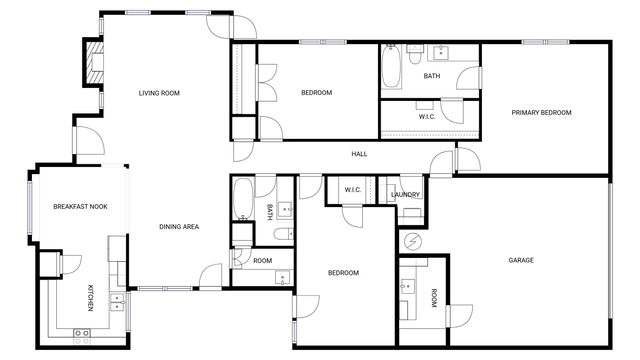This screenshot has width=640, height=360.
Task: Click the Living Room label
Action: click(x=158, y=93)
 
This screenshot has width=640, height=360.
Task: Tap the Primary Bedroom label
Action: click(x=541, y=113)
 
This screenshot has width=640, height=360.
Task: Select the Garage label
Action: click(x=520, y=260)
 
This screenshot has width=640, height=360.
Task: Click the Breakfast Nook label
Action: click(x=80, y=207)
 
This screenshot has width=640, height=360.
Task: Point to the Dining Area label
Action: click(x=179, y=227)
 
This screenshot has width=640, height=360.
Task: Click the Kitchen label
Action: click(x=91, y=298)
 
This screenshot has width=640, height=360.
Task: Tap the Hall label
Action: click(x=359, y=154)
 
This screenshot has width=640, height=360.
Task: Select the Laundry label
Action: click(x=405, y=195)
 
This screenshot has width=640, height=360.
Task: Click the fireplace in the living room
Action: click(x=93, y=62)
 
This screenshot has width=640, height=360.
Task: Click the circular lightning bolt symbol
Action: click(x=411, y=241)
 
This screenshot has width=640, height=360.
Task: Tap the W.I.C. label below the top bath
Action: click(x=427, y=117)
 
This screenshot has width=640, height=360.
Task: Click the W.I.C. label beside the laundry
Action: click(x=353, y=190)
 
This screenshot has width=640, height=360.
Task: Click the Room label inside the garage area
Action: click(x=434, y=299)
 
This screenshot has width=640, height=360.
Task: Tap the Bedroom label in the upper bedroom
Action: click(x=316, y=93)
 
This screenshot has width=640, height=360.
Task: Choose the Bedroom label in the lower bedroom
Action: click(x=343, y=273)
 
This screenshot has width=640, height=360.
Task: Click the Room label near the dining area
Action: click(x=262, y=260)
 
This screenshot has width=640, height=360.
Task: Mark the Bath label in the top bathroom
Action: click(x=431, y=76)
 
